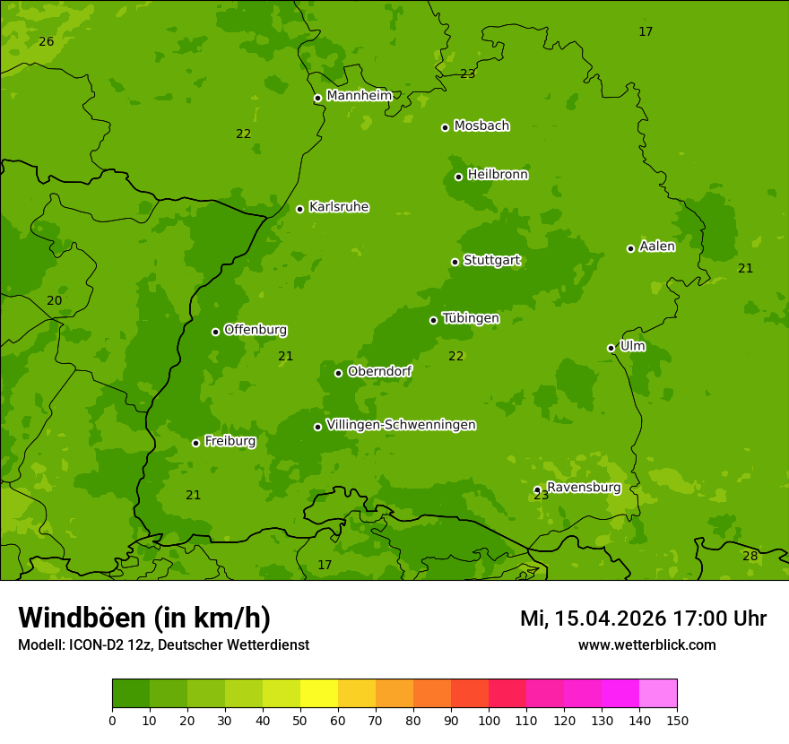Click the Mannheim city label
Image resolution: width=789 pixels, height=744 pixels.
coord(359,96)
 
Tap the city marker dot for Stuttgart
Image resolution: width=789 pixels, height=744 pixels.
coord(455,262)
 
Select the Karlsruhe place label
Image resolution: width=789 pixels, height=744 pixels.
coord(338,207)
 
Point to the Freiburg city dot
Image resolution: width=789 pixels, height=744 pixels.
coord(195,443)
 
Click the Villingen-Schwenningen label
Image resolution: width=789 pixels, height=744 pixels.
coord(401,425)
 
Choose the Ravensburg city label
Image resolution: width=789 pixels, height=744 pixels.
coord(583,488)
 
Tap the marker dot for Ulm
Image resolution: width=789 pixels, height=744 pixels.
coord(611,348)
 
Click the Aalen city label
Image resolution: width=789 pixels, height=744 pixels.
coord(656,247)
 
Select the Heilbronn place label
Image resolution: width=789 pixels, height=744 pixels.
coord(497,175)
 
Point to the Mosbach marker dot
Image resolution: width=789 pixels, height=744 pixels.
coord(445,127)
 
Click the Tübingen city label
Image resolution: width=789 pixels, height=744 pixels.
coord(470,318)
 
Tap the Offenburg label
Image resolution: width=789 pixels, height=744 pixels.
coord(255,330)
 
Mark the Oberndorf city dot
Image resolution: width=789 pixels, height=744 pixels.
coord(338,373)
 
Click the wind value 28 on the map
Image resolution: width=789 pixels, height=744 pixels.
coord(750,556)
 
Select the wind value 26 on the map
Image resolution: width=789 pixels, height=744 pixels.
coord(47,42)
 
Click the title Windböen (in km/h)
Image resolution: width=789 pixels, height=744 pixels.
coord(143,618)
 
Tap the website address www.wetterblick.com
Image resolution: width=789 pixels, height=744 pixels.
coord(646,645)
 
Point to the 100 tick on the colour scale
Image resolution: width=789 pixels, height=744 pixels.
coord(489,720)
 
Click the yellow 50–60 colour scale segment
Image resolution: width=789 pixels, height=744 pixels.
coord(319,694)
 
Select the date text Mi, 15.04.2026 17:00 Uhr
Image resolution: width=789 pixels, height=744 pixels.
coord(643,619)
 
